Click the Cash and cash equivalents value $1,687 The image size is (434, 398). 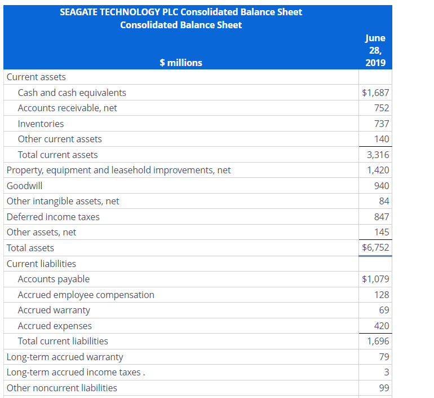[375, 93]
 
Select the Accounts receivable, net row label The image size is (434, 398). [67, 108]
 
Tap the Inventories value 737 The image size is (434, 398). [382, 124]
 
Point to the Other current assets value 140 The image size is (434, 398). [382, 139]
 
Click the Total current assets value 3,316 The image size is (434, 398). [378, 155]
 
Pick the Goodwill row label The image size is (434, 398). [24, 186]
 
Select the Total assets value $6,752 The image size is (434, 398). [375, 247]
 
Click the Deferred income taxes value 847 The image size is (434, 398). [382, 217]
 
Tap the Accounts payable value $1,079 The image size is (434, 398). [375, 279]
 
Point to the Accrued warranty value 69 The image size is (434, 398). [384, 310]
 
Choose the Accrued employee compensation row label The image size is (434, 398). [86, 295]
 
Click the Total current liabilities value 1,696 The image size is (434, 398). [378, 341]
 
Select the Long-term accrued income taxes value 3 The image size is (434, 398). [386, 372]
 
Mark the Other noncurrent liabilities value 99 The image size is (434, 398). [384, 388]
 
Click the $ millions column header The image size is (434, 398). [180, 63]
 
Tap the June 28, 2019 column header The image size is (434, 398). [375, 50]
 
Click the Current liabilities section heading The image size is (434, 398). [41, 264]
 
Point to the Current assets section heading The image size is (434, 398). [36, 77]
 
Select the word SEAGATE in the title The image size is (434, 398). [79, 12]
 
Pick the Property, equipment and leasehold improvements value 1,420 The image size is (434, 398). [378, 170]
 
